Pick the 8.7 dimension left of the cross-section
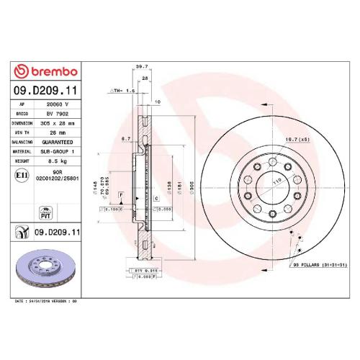click(x=125, y=139)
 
